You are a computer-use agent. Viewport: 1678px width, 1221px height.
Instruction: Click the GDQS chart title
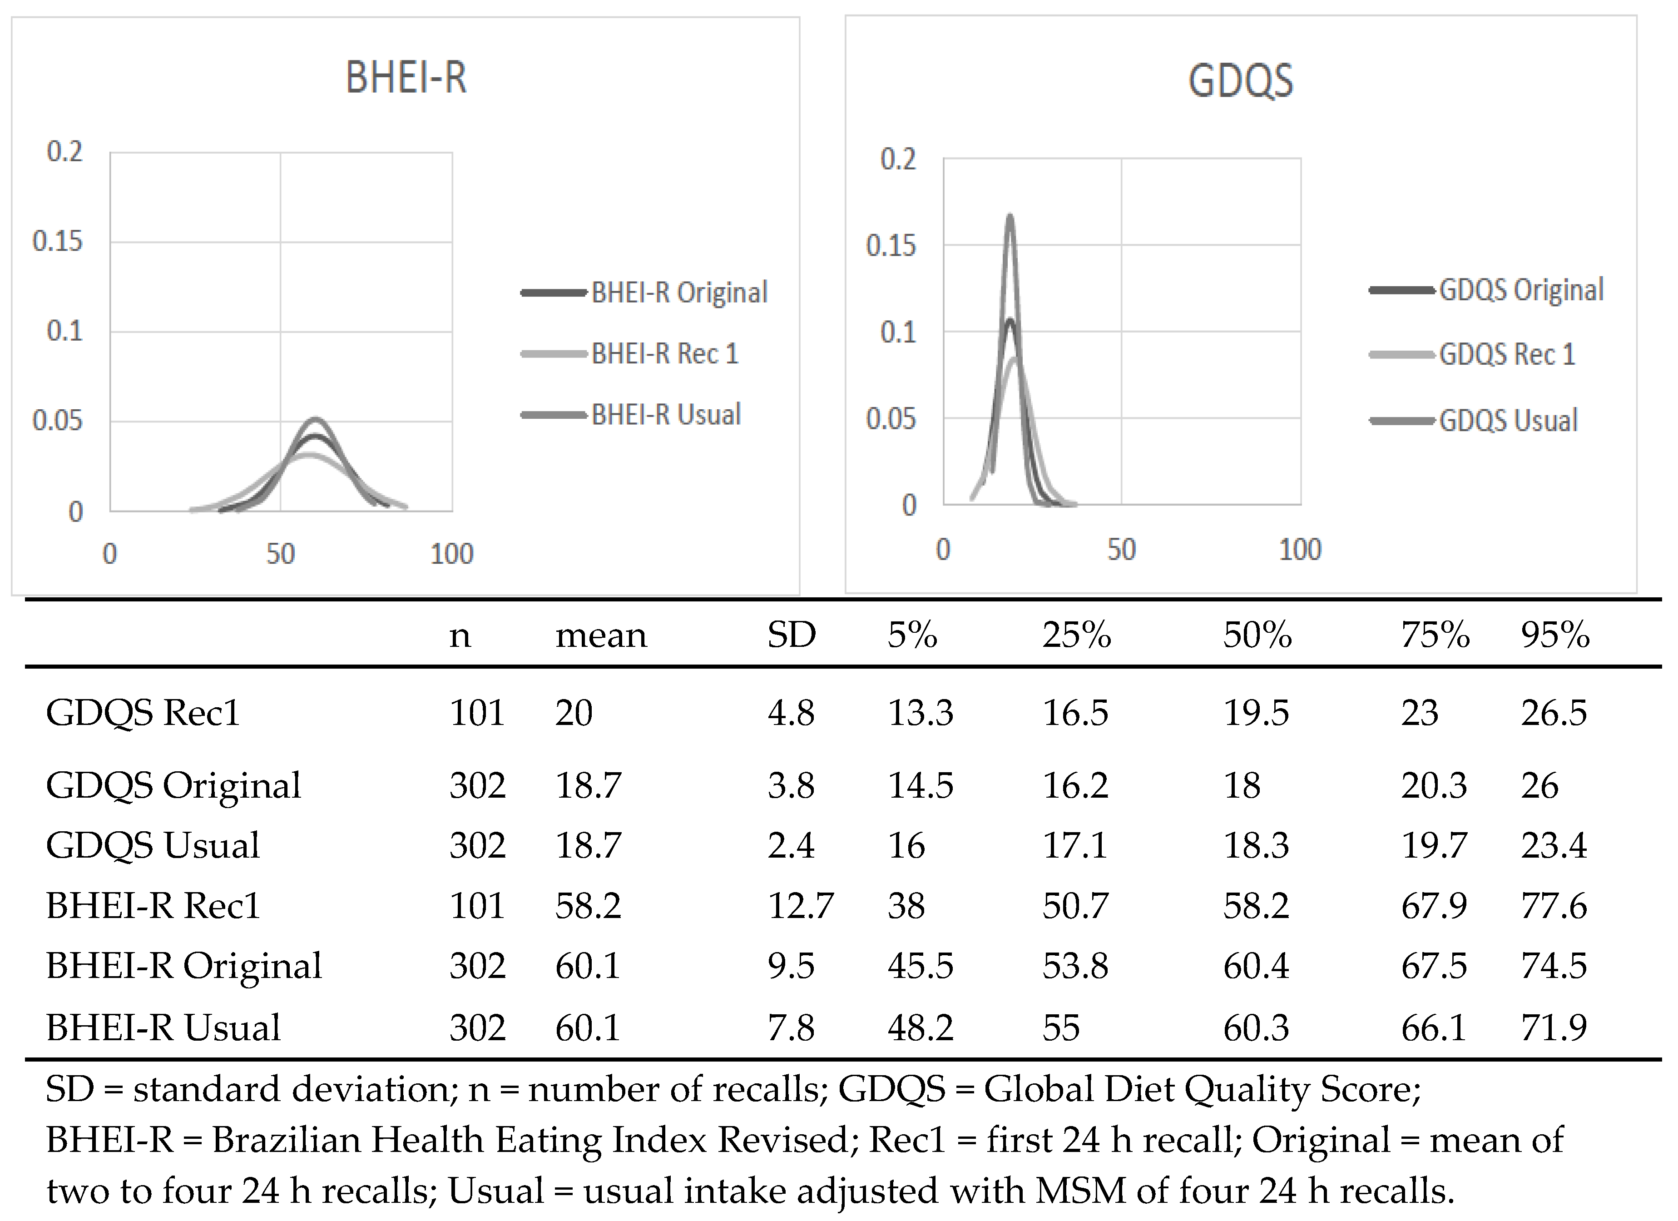[x=1241, y=81]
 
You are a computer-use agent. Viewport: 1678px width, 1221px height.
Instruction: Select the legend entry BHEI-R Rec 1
[x=664, y=354]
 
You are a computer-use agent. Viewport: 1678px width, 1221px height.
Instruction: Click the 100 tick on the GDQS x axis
[x=1300, y=550]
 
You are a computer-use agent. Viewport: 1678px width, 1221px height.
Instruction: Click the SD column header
[x=791, y=635]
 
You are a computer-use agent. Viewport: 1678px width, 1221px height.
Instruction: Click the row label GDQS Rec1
[x=143, y=713]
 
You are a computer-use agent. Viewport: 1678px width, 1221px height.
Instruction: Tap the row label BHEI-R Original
[x=183, y=966]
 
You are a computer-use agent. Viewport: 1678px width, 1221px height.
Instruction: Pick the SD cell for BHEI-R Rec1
[x=800, y=906]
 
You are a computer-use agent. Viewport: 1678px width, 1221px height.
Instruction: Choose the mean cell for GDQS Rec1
[x=574, y=713]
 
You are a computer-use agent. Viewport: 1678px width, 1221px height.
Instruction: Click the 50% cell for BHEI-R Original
[x=1256, y=966]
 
